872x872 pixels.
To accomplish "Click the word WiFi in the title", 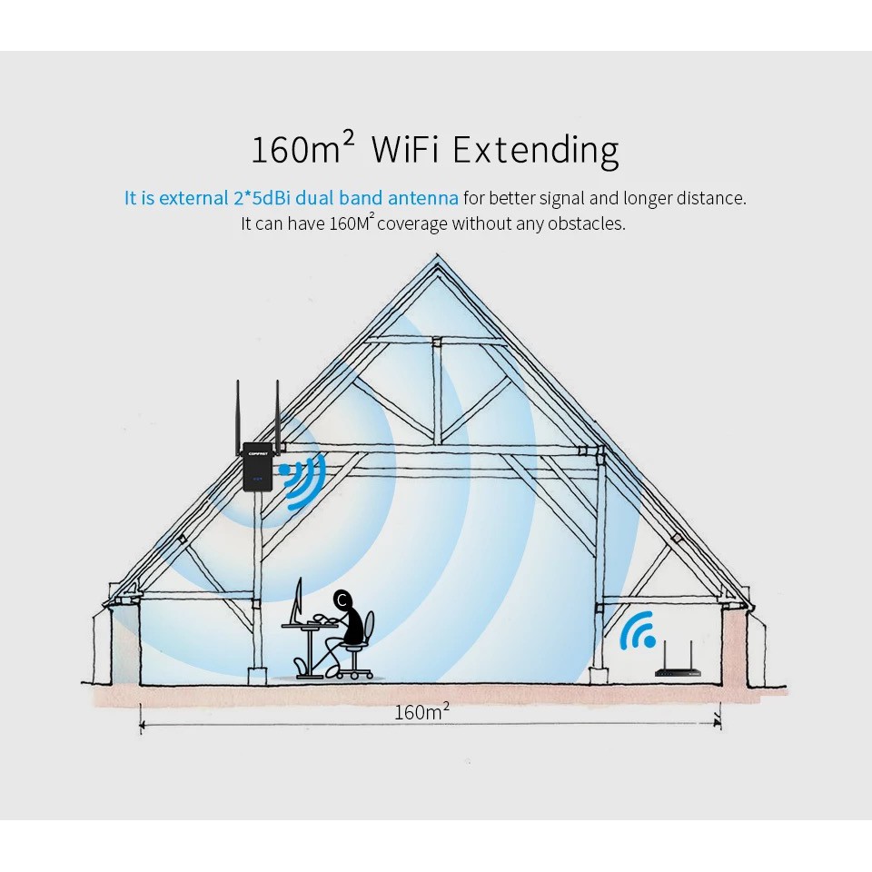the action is pyautogui.click(x=405, y=149).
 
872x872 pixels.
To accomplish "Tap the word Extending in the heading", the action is pyautogui.click(x=536, y=151).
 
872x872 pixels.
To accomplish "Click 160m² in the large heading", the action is pyautogui.click(x=302, y=147).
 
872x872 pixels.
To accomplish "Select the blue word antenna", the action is pyautogui.click(x=423, y=198).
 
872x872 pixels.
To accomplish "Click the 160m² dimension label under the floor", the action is pyautogui.click(x=421, y=711).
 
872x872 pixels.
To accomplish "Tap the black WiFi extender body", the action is pyautogui.click(x=257, y=467).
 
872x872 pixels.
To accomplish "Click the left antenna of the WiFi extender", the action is pyautogui.click(x=238, y=412).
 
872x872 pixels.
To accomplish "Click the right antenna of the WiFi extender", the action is pyautogui.click(x=277, y=412).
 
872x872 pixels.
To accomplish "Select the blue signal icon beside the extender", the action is pyautogui.click(x=303, y=481).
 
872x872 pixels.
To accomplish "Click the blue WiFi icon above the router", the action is pyautogui.click(x=638, y=630).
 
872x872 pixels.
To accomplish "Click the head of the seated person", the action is pyautogui.click(x=342, y=599).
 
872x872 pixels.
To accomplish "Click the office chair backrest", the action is pyautogui.click(x=370, y=628).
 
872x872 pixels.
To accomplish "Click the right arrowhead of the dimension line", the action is pyautogui.click(x=718, y=724).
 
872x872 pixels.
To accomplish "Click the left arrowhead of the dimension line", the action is pyautogui.click(x=143, y=725).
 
